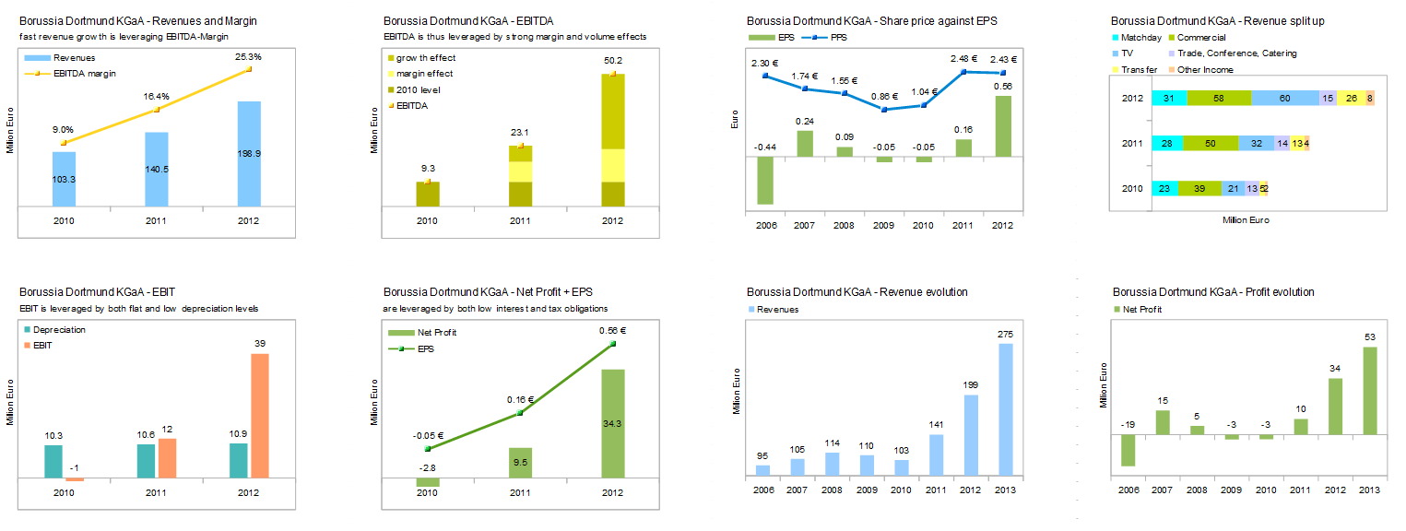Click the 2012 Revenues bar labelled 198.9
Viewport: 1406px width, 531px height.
249,154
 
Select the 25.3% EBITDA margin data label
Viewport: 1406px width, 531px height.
249,56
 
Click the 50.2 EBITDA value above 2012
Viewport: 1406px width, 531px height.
612,61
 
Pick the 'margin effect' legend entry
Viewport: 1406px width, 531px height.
425,74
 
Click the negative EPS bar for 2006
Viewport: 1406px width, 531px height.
764,181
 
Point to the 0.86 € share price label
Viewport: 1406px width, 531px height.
884,97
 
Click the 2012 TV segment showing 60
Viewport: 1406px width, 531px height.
1285,98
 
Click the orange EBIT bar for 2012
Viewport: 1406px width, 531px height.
259,416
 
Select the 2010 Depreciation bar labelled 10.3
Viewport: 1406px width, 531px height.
53,462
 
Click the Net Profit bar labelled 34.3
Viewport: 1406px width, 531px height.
612,423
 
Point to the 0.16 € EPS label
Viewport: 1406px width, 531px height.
519,399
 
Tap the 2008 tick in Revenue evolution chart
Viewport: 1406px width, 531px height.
833,490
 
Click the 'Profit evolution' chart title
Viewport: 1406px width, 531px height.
1213,292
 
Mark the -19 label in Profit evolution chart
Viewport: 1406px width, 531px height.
1128,424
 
